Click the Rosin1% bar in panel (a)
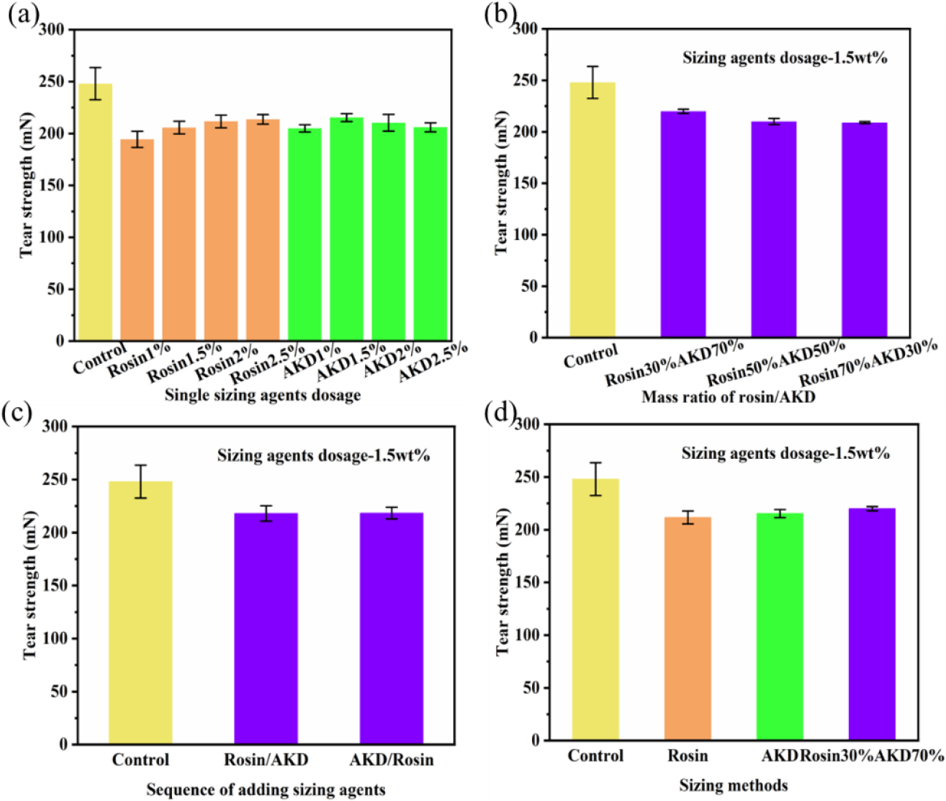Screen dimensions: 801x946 tap(137, 241)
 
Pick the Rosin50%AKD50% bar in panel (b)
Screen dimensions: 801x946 tap(773, 230)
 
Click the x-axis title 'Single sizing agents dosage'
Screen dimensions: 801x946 tap(262, 395)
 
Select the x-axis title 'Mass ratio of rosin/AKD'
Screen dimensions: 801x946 tap(728, 398)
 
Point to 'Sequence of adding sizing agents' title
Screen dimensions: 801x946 tap(266, 790)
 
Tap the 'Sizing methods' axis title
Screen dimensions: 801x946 tap(733, 786)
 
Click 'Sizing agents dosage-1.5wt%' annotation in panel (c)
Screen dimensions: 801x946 tap(324, 457)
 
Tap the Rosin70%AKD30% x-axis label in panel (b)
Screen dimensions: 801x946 tap(867, 363)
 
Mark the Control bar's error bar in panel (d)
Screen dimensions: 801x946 tap(595, 479)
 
